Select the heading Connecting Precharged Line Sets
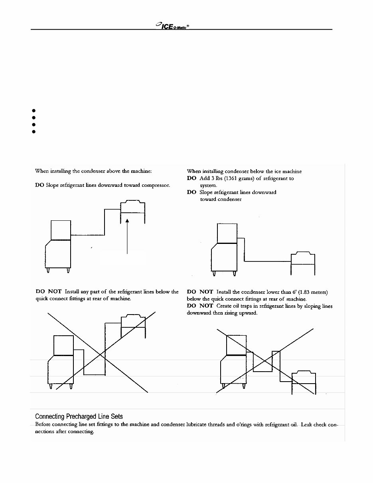click(79, 417)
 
